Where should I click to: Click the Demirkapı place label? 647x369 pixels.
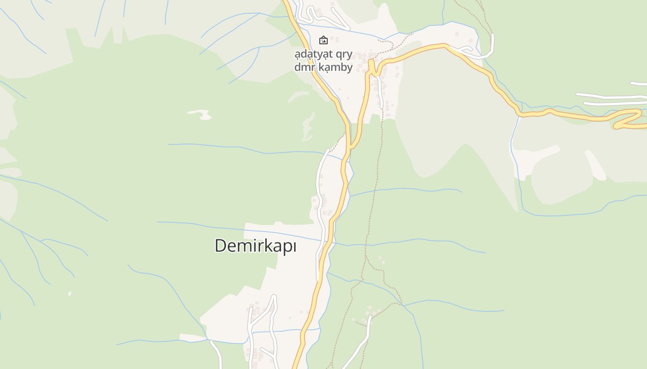pos(255,246)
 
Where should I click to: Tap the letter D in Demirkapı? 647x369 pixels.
pos(220,246)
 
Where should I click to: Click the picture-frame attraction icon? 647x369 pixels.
pos(323,40)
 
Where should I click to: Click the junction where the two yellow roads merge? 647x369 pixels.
pos(350,147)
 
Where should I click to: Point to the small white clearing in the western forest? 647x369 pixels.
pos(200,113)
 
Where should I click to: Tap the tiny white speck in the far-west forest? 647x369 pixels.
pos(70,293)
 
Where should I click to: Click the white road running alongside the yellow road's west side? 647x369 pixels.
pos(319,208)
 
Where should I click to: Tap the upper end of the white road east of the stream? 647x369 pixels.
pos(370,318)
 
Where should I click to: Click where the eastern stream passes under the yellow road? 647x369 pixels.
pos(519,113)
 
